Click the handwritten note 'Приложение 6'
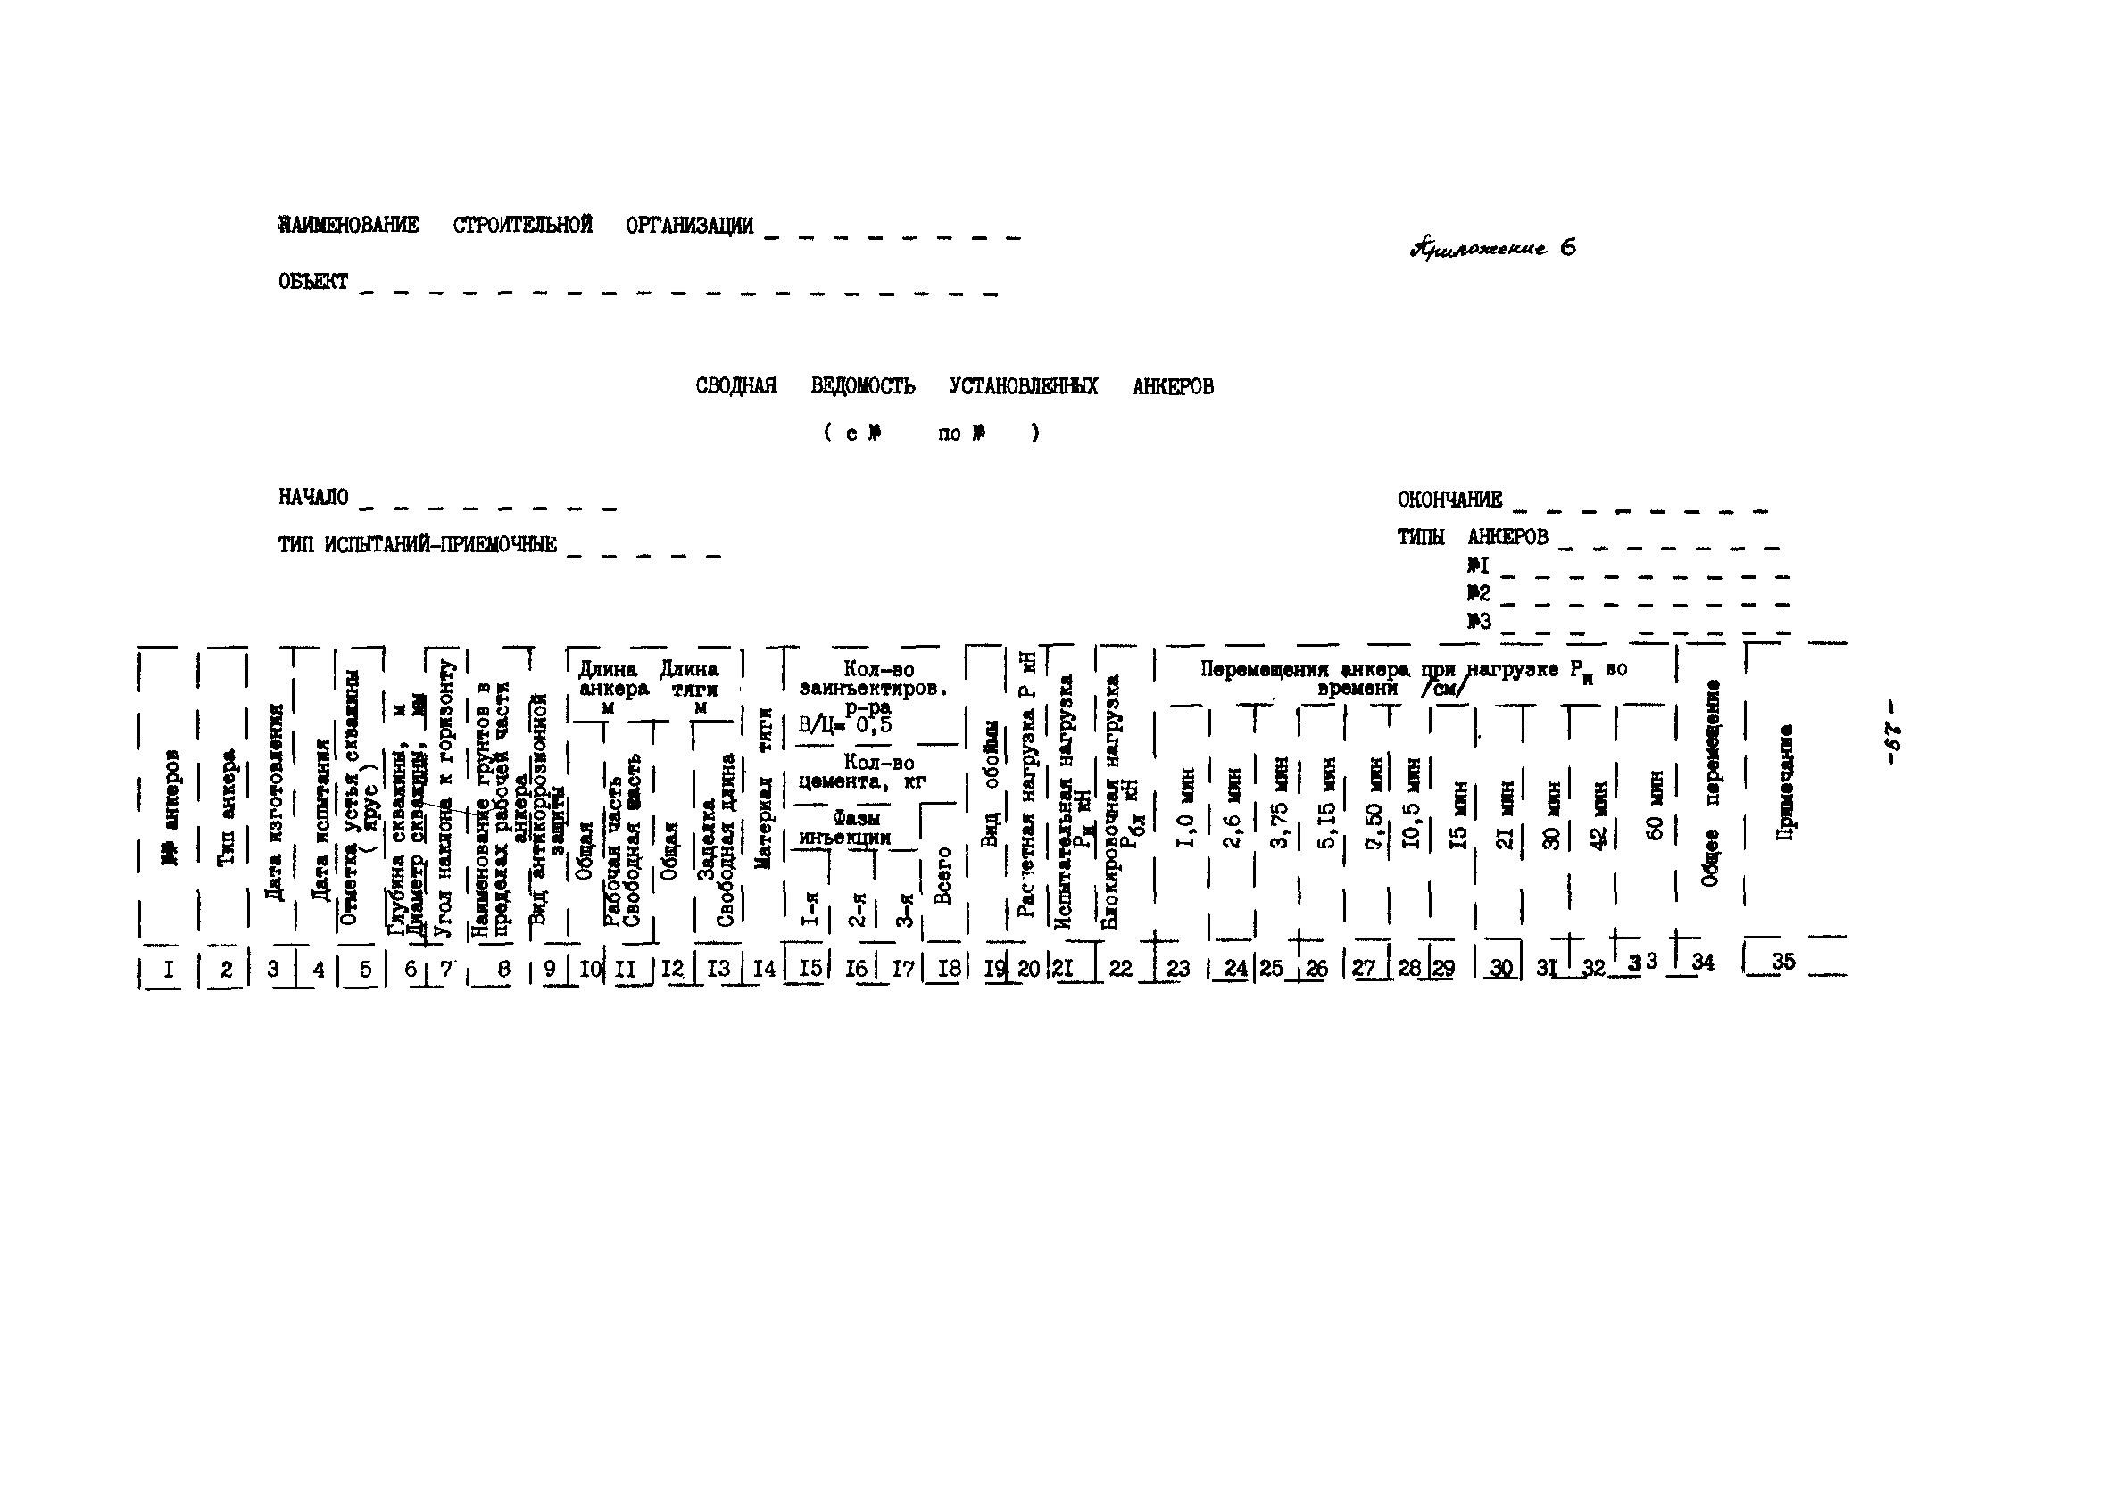coord(1492,248)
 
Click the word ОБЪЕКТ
coord(313,282)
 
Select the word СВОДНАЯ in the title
coord(735,386)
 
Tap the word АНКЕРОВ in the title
coord(1172,387)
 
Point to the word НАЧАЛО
coord(313,498)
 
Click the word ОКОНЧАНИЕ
coord(1449,500)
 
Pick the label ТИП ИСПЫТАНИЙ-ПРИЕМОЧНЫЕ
coord(418,544)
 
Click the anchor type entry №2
coord(1479,593)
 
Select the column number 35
coord(1783,961)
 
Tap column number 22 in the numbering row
coord(1120,967)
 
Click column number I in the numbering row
coord(168,968)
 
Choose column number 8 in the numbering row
coord(503,969)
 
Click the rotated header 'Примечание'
coord(1785,782)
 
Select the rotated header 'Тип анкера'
coord(227,807)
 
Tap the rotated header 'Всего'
coord(942,875)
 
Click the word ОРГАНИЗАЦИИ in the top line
coord(689,226)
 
